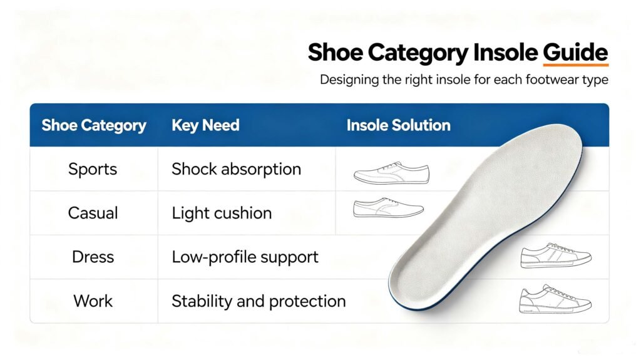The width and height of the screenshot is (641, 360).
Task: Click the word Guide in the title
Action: [575, 53]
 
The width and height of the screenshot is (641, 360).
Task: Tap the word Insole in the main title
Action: [506, 53]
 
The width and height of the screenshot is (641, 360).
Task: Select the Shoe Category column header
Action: [94, 126]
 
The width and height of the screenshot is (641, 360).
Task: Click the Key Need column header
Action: [205, 125]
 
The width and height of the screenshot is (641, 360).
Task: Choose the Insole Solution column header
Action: [398, 125]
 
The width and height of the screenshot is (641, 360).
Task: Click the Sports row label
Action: [93, 169]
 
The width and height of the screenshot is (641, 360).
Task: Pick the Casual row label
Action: [93, 213]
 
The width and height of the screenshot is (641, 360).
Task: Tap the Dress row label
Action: [93, 257]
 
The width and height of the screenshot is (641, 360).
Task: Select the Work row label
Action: [93, 301]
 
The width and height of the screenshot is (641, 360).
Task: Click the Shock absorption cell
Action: [236, 169]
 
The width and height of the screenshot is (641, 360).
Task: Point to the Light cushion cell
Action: [222, 213]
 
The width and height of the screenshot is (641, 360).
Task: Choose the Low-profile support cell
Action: [245, 257]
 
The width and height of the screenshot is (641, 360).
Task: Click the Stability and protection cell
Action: [259, 301]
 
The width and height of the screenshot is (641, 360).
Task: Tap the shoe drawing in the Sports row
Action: [392, 173]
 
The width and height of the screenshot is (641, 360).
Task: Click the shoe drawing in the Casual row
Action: [388, 208]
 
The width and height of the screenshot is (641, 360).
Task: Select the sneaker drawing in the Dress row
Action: [556, 255]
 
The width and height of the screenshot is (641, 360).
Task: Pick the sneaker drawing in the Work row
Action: [555, 299]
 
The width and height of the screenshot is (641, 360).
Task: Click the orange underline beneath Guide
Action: [576, 64]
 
